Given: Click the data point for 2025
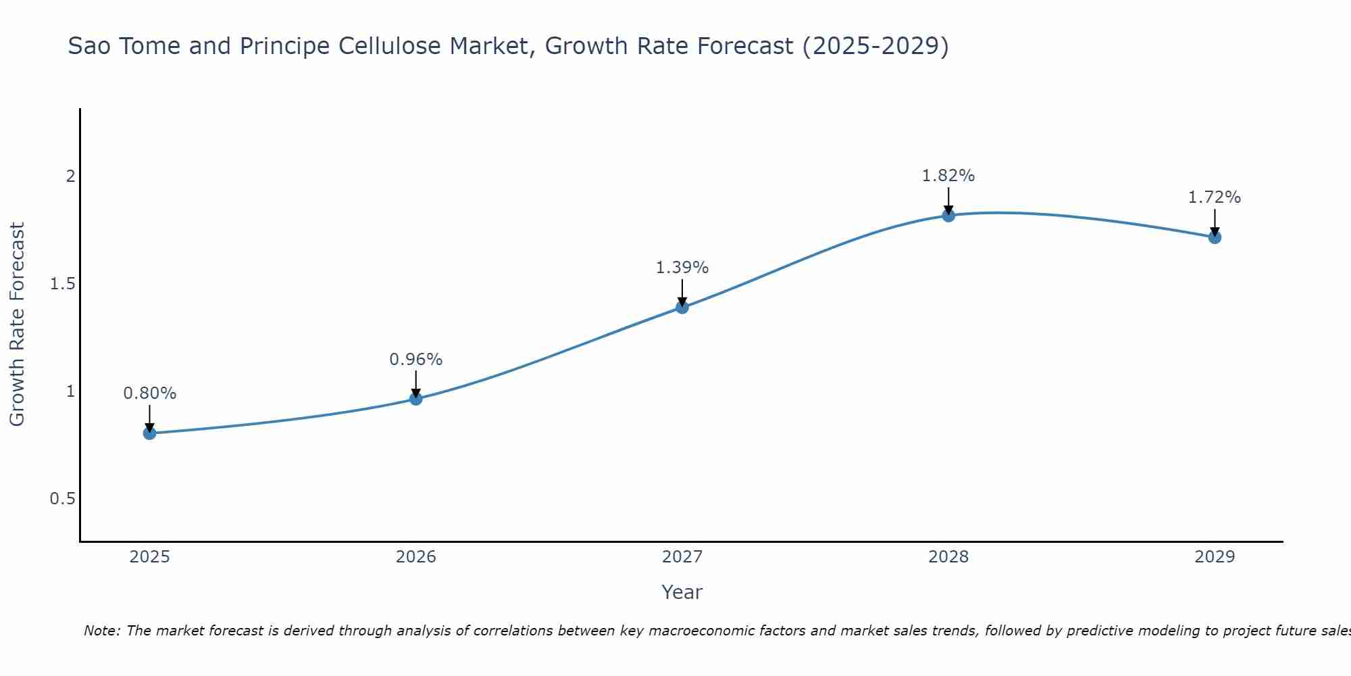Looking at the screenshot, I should point(149,433).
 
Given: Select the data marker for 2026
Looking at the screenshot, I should point(416,399).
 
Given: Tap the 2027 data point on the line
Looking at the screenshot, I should point(682,308).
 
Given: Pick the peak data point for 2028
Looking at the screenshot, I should point(948,216).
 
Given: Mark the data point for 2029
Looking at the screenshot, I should point(1215,237).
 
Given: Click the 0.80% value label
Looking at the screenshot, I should point(149,393).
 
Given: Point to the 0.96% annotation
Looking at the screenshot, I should point(416,360).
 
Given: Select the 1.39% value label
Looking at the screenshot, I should point(682,268).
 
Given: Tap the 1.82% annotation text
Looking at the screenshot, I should point(948,176).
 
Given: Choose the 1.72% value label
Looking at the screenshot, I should point(1215,197).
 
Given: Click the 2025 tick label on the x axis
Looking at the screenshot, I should point(149,557).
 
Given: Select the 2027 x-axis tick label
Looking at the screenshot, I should point(682,557).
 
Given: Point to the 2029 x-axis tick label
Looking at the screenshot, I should point(1215,557).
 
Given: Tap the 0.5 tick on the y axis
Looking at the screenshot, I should point(62,499).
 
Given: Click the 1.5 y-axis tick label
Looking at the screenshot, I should point(62,284).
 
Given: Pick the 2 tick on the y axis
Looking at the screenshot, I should point(70,176).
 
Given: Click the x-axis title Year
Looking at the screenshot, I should point(682,592).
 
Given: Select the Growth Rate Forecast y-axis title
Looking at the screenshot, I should point(18,324).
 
